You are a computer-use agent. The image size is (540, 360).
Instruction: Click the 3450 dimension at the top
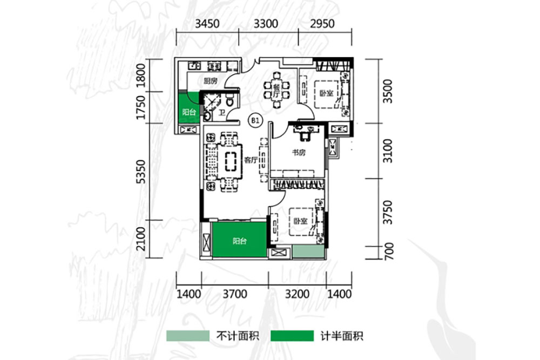click(x=207, y=24)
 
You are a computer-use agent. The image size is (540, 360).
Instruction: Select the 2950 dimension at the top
click(x=323, y=24)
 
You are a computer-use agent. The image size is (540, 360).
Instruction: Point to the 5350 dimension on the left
click(x=141, y=172)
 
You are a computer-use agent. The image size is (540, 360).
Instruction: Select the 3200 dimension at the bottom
click(x=297, y=294)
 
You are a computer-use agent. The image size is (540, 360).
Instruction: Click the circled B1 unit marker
click(x=254, y=120)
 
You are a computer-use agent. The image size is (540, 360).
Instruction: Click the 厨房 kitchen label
click(x=210, y=81)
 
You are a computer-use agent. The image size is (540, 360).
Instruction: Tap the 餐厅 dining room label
click(x=276, y=90)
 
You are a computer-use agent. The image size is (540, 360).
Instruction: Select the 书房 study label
click(x=299, y=153)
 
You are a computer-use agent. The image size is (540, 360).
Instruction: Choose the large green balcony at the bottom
click(x=240, y=241)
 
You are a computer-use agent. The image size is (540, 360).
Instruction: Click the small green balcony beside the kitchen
click(x=188, y=112)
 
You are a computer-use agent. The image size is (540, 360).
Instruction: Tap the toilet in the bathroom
click(x=230, y=101)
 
